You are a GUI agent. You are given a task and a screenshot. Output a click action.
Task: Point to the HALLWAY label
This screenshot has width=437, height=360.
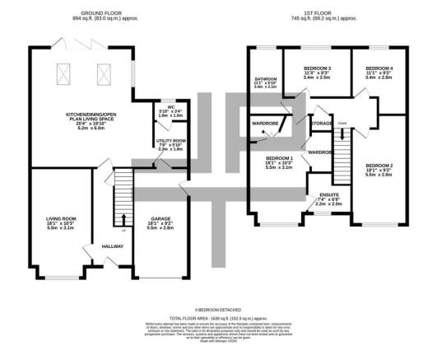pos(112,246)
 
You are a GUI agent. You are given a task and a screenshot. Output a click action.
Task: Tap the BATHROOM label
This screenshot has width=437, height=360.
pos(266,77)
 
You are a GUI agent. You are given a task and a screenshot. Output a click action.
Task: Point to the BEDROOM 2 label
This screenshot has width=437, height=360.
pos(379,166)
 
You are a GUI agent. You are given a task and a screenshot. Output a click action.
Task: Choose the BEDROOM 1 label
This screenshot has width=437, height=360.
pos(280,157)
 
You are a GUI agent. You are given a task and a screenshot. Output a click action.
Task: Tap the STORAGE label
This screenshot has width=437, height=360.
pos(322,123)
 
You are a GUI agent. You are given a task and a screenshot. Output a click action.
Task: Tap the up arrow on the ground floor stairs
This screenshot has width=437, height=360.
pos(123,217)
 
